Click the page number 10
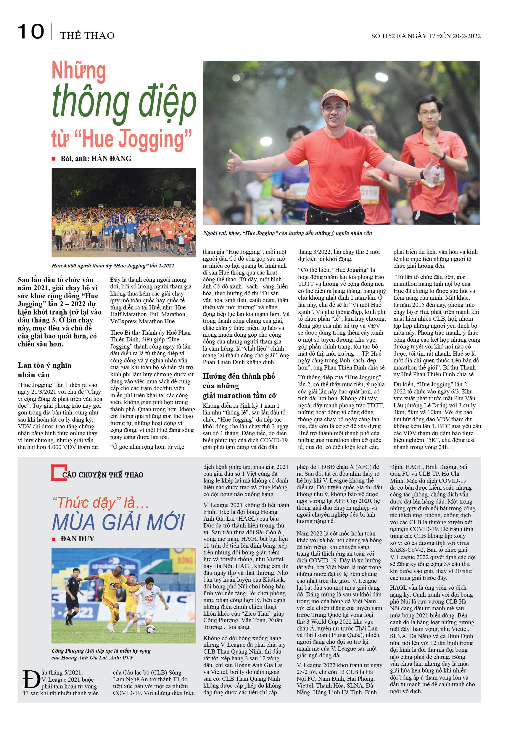tap(30, 32)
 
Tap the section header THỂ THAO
tap(87, 36)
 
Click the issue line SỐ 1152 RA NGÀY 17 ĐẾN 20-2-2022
tap(425, 36)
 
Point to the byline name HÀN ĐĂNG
tap(111, 158)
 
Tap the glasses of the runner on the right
tap(429, 113)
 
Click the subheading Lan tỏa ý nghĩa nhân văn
tap(44, 370)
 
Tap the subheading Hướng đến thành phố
tap(239, 376)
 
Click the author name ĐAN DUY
tap(77, 539)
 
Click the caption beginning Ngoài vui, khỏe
tap(287, 233)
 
